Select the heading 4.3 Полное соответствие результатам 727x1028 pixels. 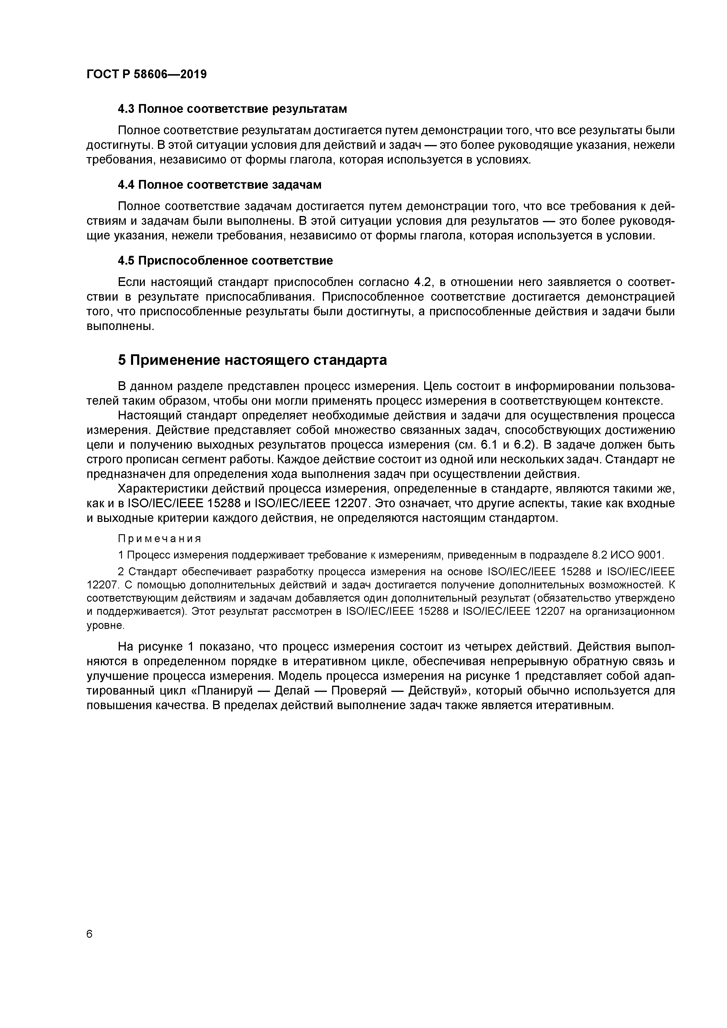pyautogui.click(x=232, y=109)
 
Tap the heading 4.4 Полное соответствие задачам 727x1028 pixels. pyautogui.click(x=220, y=184)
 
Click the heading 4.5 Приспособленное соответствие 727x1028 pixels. pyautogui.click(x=225, y=260)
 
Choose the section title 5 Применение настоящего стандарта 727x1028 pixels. pyautogui.click(x=252, y=360)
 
